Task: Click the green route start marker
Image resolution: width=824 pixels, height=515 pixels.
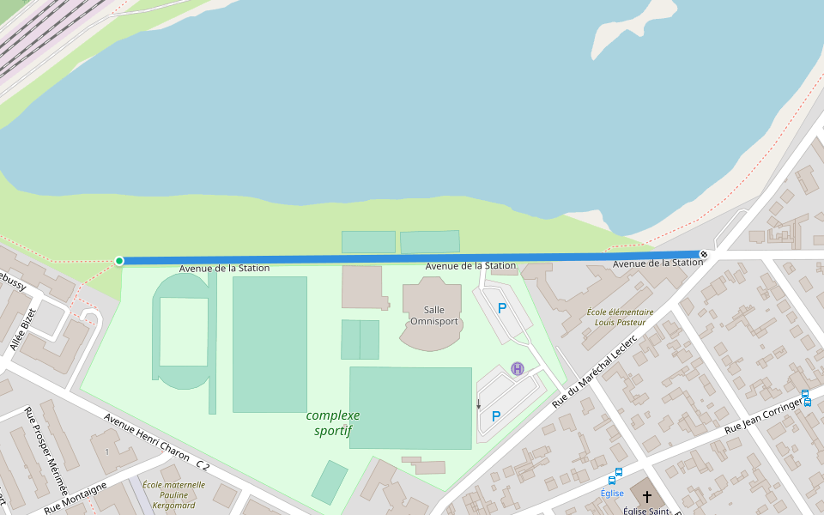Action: pyautogui.click(x=119, y=261)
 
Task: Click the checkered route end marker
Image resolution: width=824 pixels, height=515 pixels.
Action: pyautogui.click(x=704, y=254)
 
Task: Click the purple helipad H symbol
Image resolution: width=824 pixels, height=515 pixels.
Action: pyautogui.click(x=518, y=369)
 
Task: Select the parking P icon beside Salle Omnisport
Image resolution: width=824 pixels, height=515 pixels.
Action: pyautogui.click(x=502, y=308)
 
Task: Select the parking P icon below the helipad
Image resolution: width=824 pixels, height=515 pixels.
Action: pyautogui.click(x=496, y=416)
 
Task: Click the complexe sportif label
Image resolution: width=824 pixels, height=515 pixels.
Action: pyautogui.click(x=333, y=422)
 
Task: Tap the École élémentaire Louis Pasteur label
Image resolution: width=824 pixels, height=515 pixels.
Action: pyautogui.click(x=620, y=318)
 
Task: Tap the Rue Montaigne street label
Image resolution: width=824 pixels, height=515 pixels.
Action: pyautogui.click(x=76, y=498)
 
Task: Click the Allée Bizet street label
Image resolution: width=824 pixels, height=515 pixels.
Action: pyautogui.click(x=24, y=330)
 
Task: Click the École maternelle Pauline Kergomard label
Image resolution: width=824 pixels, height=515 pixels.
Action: pyautogui.click(x=173, y=494)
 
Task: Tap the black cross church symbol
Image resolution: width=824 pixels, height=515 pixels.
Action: pyautogui.click(x=647, y=497)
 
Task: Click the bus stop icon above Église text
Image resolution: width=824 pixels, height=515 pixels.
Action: pyautogui.click(x=617, y=472)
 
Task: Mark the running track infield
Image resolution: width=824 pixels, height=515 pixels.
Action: pyautogui.click(x=183, y=332)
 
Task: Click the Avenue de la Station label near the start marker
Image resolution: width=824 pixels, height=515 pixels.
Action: pyautogui.click(x=224, y=269)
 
